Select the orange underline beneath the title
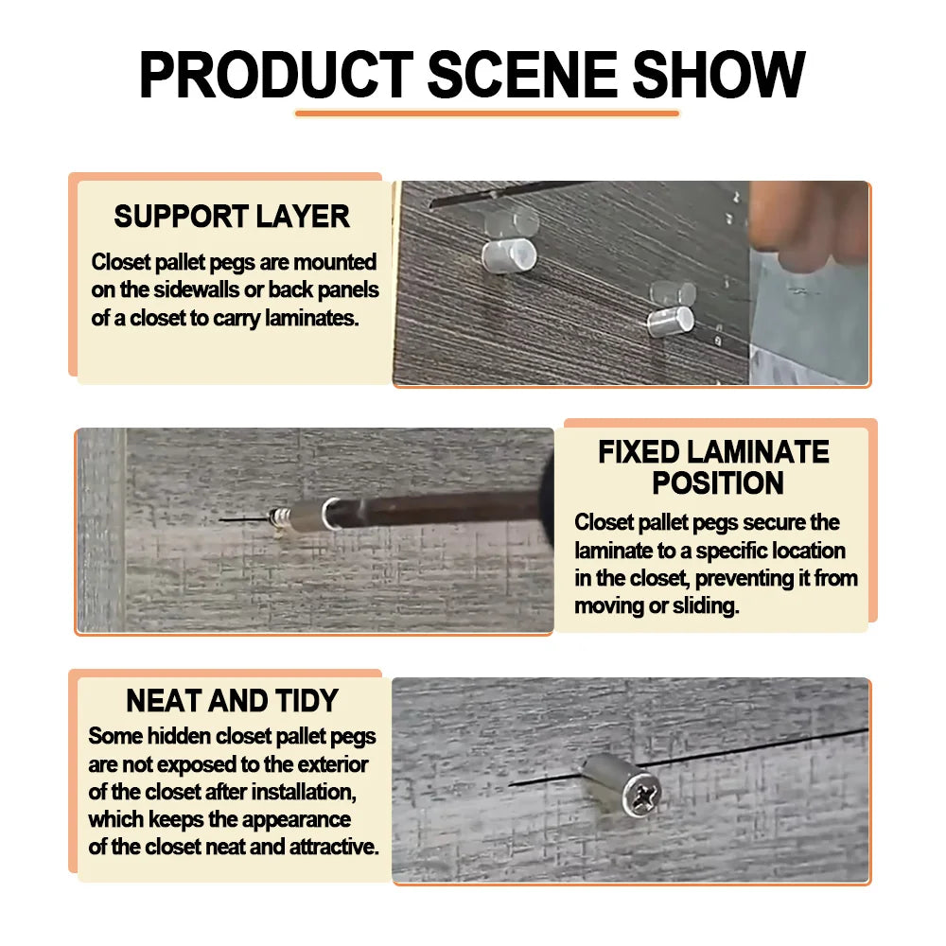tap(487, 113)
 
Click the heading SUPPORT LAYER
tap(232, 216)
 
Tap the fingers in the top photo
tap(809, 224)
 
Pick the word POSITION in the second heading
tap(718, 482)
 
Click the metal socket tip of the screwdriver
tap(315, 516)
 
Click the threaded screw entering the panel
tap(278, 518)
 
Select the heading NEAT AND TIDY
tap(233, 700)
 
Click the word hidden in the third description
tap(181, 736)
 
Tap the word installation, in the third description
tap(304, 792)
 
